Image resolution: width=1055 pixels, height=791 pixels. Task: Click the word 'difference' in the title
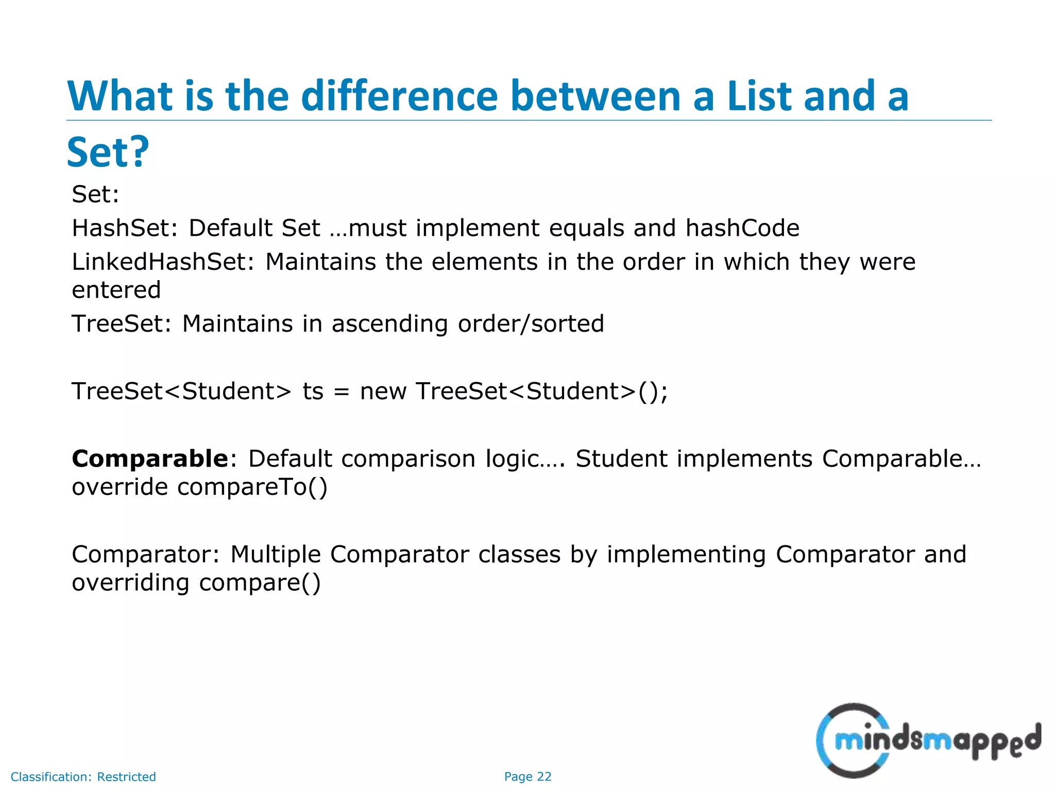[399, 96]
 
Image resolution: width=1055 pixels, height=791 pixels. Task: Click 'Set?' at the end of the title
[108, 152]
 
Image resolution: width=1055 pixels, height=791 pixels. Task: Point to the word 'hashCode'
[742, 228]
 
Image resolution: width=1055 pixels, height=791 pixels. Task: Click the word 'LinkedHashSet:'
[163, 262]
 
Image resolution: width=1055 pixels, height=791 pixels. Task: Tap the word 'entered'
[116, 290]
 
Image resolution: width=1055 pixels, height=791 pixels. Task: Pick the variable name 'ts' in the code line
[313, 391]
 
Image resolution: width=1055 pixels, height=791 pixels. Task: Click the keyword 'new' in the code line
[383, 391]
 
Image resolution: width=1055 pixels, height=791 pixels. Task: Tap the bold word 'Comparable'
[150, 458]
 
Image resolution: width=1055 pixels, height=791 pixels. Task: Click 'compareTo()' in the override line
[252, 487]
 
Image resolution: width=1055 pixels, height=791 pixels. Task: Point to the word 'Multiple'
[276, 555]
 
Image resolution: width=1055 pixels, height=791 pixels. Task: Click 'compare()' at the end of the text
[260, 583]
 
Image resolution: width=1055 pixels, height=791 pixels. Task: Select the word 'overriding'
[130, 583]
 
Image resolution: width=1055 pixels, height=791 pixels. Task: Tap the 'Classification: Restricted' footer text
[83, 777]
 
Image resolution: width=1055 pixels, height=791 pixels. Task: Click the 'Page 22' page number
[527, 777]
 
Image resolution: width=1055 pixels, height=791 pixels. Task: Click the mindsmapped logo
[928, 740]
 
